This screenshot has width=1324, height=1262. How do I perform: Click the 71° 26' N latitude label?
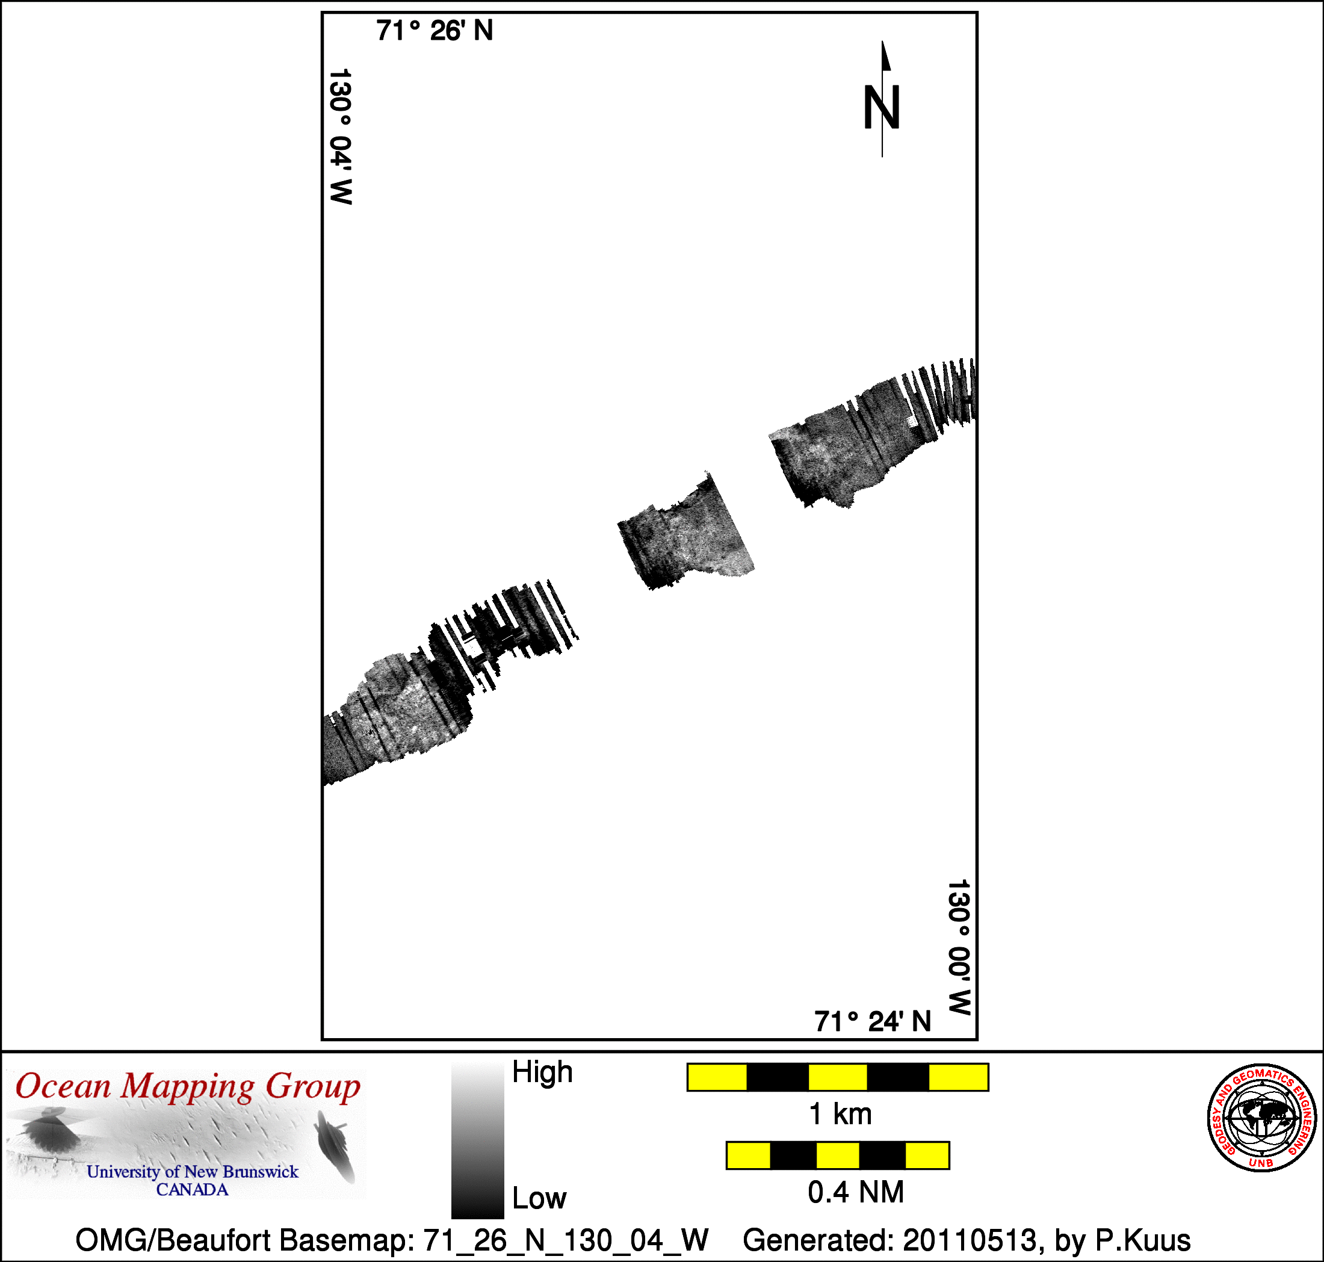click(434, 31)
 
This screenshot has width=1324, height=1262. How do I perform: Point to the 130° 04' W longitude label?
click(341, 136)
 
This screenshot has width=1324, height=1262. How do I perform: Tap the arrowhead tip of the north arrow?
click(883, 41)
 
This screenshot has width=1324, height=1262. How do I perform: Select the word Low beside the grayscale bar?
click(540, 1198)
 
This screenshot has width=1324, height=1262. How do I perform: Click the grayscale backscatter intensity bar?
click(478, 1141)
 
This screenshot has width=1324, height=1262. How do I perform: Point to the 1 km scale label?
click(840, 1115)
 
